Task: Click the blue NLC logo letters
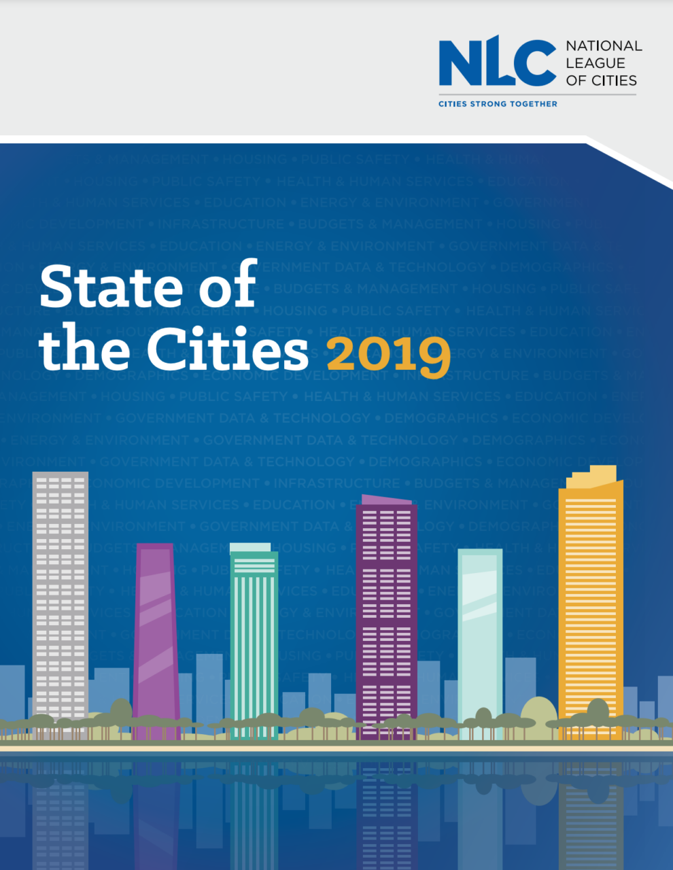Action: tap(497, 63)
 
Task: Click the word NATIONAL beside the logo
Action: tap(604, 46)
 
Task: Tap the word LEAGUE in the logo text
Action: tap(595, 63)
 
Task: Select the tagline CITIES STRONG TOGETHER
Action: tap(498, 104)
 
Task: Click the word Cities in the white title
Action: tap(228, 350)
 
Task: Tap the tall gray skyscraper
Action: tap(61, 598)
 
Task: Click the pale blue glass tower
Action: tap(480, 639)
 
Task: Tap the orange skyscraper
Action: tap(590, 612)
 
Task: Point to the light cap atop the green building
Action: tap(249, 547)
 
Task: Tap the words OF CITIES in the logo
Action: tap(601, 81)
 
